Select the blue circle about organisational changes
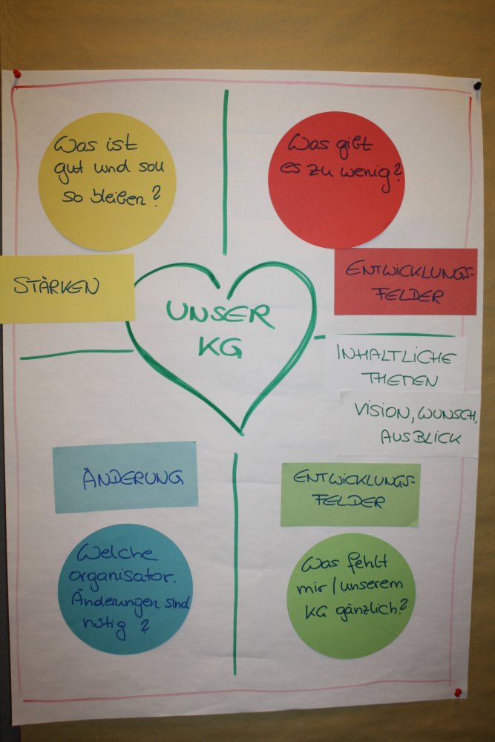(125, 589)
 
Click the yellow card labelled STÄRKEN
(67, 288)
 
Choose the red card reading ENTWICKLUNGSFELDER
(405, 281)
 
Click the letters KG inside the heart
(220, 347)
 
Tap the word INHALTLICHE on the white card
(396, 355)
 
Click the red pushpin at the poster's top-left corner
(16, 74)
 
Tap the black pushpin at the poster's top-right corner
(476, 87)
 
